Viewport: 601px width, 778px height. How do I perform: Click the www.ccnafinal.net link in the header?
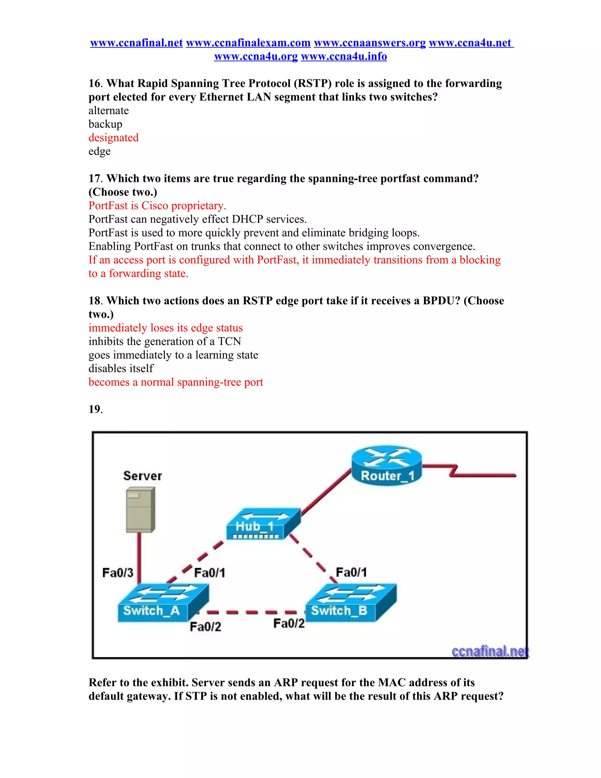[136, 43]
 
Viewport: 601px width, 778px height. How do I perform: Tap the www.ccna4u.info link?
[344, 56]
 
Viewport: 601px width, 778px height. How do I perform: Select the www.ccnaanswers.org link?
[369, 43]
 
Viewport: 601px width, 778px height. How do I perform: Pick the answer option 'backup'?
[105, 124]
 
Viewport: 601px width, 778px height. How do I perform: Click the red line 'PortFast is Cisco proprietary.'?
[157, 206]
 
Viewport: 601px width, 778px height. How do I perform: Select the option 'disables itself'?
[121, 368]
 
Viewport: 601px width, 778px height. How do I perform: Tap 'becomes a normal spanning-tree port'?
[175, 382]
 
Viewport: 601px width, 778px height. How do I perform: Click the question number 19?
[95, 409]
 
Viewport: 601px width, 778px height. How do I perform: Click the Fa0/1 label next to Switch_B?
[351, 572]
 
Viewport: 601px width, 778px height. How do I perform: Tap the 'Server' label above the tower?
[142, 476]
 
